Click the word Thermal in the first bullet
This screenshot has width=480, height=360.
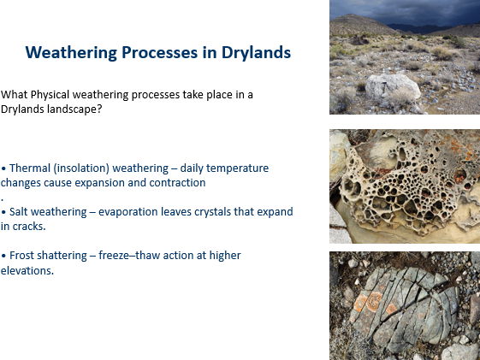[x=29, y=168]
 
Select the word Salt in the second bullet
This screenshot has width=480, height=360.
[x=21, y=211]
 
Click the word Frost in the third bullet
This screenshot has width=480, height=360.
[x=23, y=256]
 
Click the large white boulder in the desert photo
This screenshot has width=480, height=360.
[x=391, y=85]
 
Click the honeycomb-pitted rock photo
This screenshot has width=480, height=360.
[x=404, y=186]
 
